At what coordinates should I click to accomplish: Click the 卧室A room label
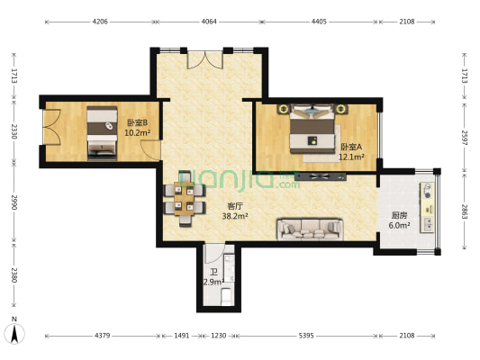point(351,147)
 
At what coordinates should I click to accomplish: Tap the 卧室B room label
point(137,123)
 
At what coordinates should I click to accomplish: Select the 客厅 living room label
point(234,206)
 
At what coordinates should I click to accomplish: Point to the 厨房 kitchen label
point(400,215)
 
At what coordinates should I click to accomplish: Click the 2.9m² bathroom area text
point(213,283)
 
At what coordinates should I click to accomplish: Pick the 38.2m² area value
point(234,217)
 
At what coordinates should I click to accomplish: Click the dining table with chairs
point(184,199)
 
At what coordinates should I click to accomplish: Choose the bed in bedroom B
point(102,132)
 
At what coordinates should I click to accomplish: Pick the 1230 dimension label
point(218,336)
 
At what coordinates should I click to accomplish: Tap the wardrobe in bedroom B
point(50,132)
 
